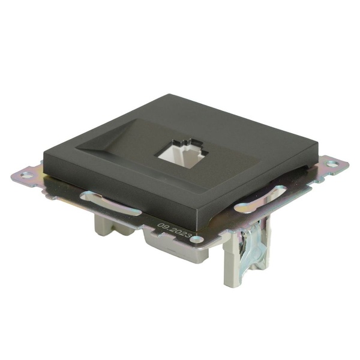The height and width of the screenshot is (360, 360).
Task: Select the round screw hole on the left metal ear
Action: pyautogui.click(x=25, y=175)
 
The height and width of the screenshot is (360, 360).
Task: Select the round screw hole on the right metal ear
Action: pyautogui.click(x=332, y=164)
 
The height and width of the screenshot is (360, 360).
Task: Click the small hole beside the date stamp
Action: pyautogui.click(x=198, y=239)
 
